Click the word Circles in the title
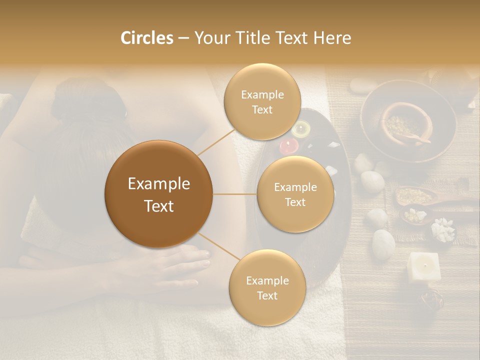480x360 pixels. [146, 38]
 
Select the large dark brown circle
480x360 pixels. [158, 194]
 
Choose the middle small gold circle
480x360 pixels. [295, 194]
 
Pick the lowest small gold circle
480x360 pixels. [267, 287]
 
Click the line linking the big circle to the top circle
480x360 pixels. [216, 141]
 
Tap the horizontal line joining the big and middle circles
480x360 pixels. [234, 194]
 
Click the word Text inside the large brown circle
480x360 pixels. [158, 206]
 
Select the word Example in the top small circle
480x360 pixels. [262, 94]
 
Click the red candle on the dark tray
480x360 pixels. [288, 145]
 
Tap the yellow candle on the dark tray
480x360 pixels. [301, 129]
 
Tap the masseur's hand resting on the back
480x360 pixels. [170, 260]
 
